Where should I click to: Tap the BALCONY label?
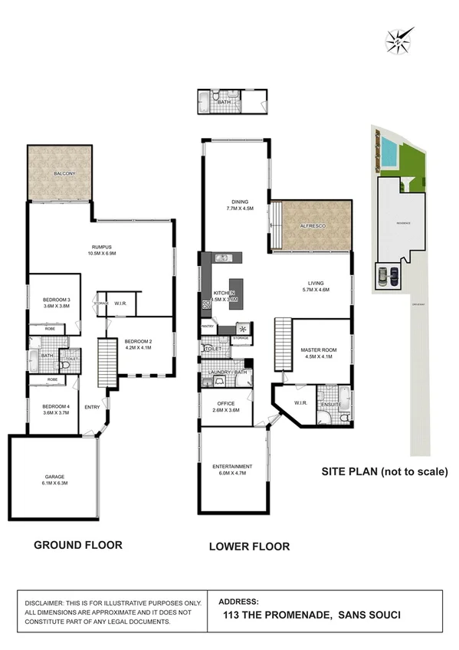click(x=64, y=175)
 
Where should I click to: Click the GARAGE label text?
click(x=53, y=480)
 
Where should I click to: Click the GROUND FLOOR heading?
click(x=77, y=545)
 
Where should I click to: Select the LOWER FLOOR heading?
click(x=249, y=547)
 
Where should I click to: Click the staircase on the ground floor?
click(x=107, y=363)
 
